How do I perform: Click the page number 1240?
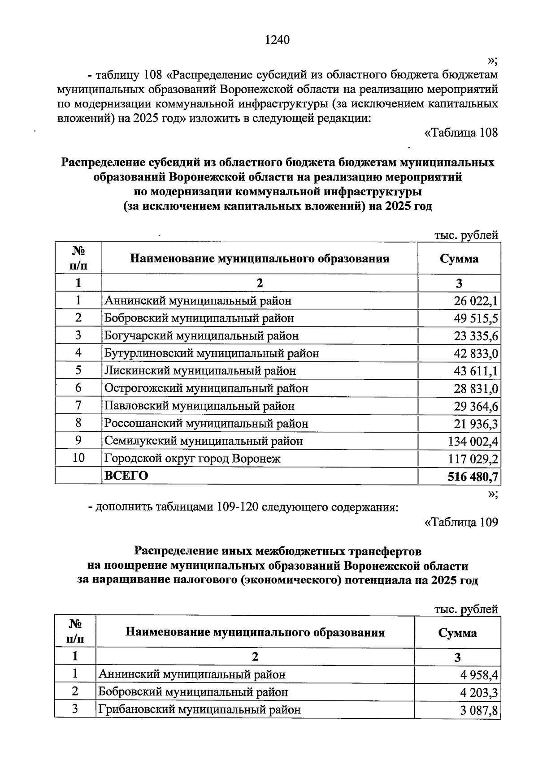click(x=278, y=40)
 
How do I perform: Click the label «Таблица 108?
click(x=461, y=133)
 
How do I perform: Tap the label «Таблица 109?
click(x=461, y=522)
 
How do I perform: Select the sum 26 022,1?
click(x=476, y=301)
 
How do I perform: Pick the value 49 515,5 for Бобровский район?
click(x=476, y=319)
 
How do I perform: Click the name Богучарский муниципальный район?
click(x=201, y=336)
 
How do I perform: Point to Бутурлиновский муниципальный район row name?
click(x=212, y=353)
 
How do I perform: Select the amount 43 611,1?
click(x=476, y=371)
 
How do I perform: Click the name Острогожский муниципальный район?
click(x=206, y=388)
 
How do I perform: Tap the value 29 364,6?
click(x=476, y=407)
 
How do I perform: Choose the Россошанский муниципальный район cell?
click(x=206, y=424)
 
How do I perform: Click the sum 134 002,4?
click(x=473, y=442)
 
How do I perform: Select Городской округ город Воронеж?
click(x=192, y=459)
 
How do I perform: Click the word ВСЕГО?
click(x=126, y=476)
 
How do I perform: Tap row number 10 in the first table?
click(x=78, y=458)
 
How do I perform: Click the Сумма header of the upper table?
click(x=459, y=258)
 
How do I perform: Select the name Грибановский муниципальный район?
click(x=199, y=709)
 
